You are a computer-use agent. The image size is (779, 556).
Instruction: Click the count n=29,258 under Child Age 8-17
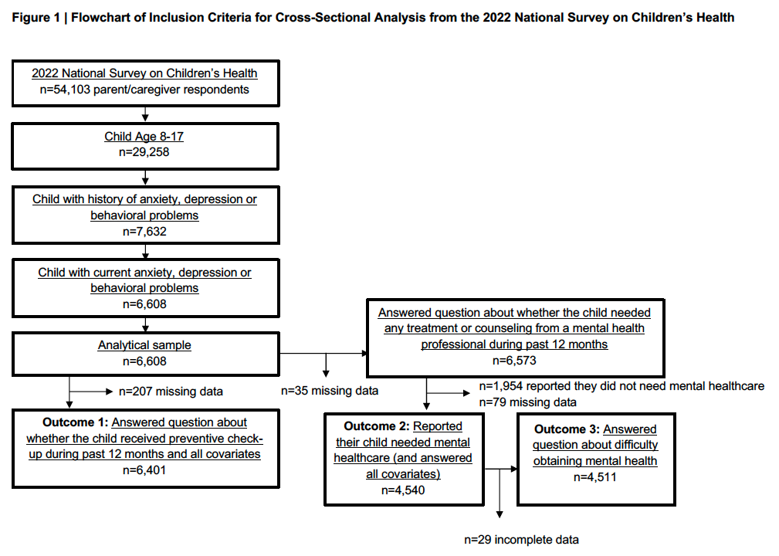(144, 152)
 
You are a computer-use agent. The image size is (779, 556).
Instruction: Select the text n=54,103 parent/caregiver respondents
(144, 90)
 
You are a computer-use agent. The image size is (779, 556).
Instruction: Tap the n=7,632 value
(144, 232)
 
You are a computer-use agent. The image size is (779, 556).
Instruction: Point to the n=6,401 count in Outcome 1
(144, 470)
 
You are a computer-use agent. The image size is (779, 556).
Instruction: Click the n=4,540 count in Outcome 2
(403, 490)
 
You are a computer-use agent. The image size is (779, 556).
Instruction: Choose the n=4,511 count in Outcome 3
(595, 477)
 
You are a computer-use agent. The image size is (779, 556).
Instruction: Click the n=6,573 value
(514, 361)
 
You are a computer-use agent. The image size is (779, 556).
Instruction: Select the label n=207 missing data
(171, 392)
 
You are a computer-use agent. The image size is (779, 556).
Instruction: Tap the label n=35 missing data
(330, 391)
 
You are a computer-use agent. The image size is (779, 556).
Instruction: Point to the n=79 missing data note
(527, 402)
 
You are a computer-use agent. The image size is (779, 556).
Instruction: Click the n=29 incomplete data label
(522, 540)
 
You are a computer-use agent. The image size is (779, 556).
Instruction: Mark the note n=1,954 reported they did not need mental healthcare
(622, 386)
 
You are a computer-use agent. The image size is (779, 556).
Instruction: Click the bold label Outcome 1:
(76, 422)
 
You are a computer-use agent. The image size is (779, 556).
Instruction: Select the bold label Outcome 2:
(377, 426)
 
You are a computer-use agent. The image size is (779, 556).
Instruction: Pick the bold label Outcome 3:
(567, 429)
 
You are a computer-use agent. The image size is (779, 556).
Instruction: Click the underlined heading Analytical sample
(144, 345)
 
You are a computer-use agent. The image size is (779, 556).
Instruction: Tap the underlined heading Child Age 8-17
(144, 136)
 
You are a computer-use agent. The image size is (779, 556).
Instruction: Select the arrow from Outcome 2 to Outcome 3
(501, 469)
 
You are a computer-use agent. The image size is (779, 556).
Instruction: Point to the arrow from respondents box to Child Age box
(145, 114)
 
